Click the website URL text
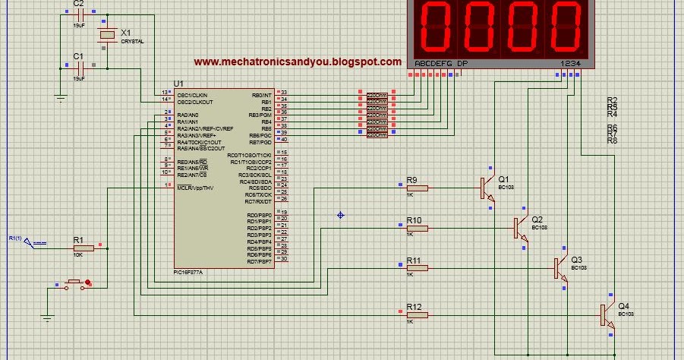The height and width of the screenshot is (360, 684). (298, 62)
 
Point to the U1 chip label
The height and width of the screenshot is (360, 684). (178, 84)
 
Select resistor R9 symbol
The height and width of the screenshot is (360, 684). (417, 188)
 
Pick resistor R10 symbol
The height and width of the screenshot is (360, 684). (417, 228)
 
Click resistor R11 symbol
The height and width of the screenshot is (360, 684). (417, 267)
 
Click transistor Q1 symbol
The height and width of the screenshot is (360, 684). (485, 188)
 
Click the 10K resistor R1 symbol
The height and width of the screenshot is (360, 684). (84, 248)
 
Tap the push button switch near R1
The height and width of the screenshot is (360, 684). (74, 283)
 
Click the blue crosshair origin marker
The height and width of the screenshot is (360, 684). (341, 216)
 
